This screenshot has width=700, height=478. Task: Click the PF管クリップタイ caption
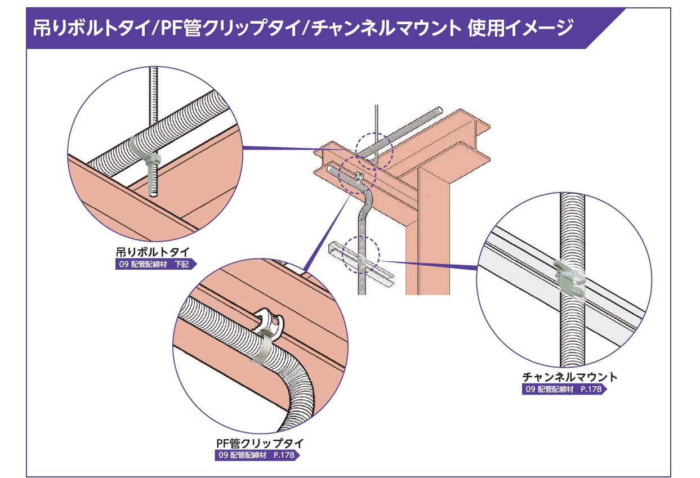[x=256, y=443]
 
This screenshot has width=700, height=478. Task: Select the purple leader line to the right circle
[x=428, y=265]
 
